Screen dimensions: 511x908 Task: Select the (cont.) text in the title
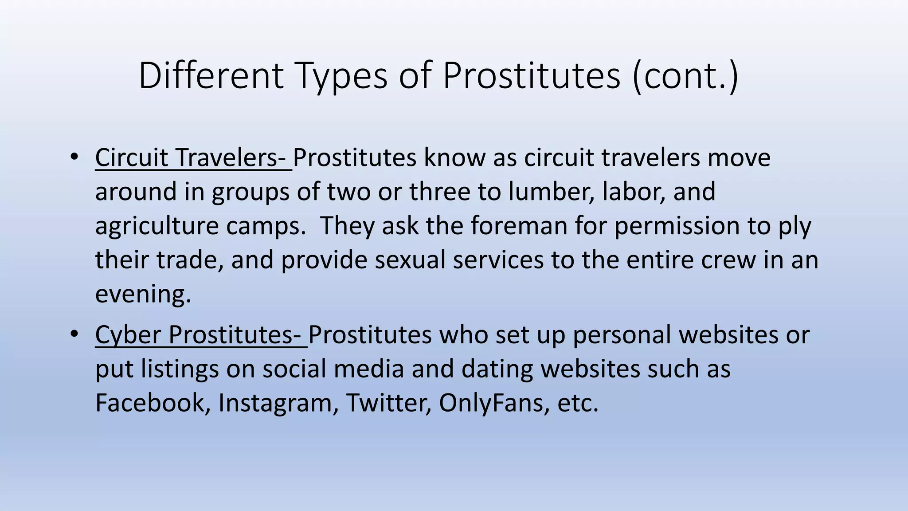[685, 76]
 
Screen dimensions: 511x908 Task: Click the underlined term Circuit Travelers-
[193, 158]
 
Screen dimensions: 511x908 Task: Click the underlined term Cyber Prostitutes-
[200, 335]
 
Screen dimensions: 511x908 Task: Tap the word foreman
[519, 225]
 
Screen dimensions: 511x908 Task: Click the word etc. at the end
[577, 403]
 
